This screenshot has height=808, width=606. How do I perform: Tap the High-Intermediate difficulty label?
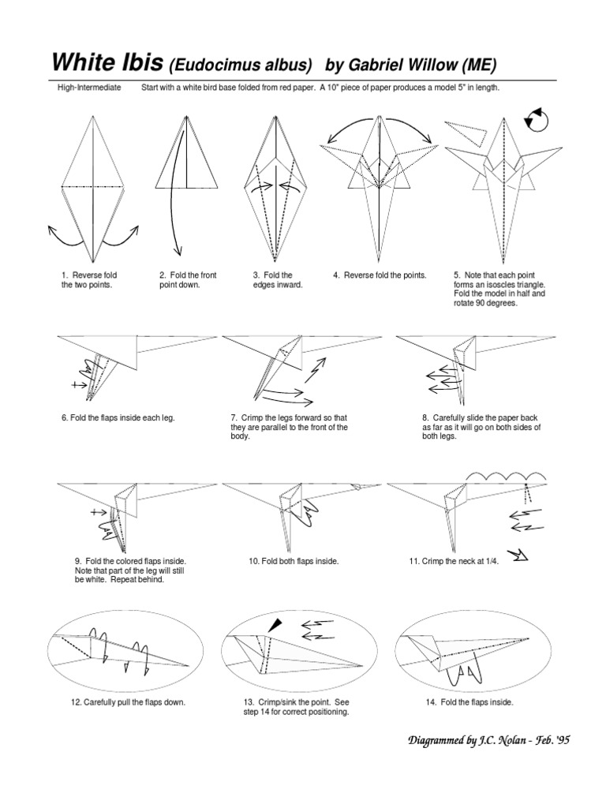click(89, 88)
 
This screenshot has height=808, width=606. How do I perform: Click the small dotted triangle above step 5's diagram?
click(466, 130)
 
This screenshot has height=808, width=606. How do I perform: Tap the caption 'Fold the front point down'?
click(187, 280)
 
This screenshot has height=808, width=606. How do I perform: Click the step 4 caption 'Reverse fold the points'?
click(380, 275)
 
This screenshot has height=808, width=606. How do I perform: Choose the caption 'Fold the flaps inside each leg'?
click(118, 417)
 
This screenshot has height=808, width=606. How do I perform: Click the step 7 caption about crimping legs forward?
click(289, 427)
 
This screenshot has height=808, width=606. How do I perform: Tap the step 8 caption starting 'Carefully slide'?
click(481, 427)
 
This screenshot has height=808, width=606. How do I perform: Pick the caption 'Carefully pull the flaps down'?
click(129, 702)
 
